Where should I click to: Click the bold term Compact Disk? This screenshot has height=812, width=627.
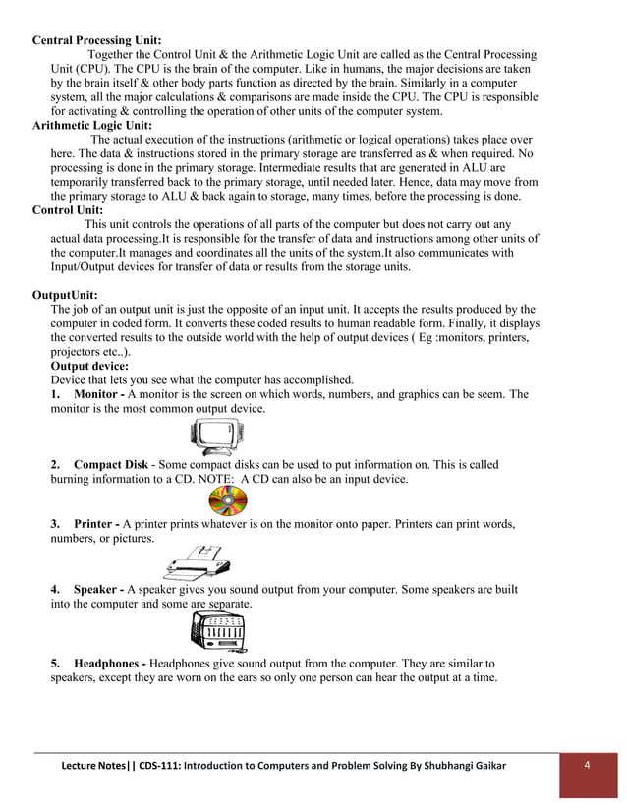coord(112,464)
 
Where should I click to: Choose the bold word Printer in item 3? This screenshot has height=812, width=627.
coord(93,524)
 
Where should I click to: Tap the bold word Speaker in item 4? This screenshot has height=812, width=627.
coord(97,589)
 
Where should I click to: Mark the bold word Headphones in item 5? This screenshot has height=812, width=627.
coord(109,664)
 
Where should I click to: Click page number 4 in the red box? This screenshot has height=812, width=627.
coord(587,766)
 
